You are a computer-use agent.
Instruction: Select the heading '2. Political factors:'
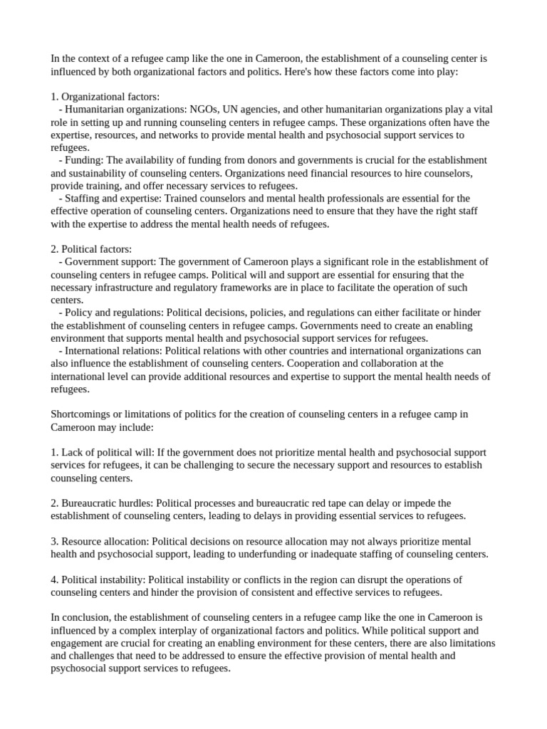(91, 249)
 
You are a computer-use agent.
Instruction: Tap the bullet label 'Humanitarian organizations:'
(125, 109)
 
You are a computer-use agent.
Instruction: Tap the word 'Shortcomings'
(80, 414)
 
